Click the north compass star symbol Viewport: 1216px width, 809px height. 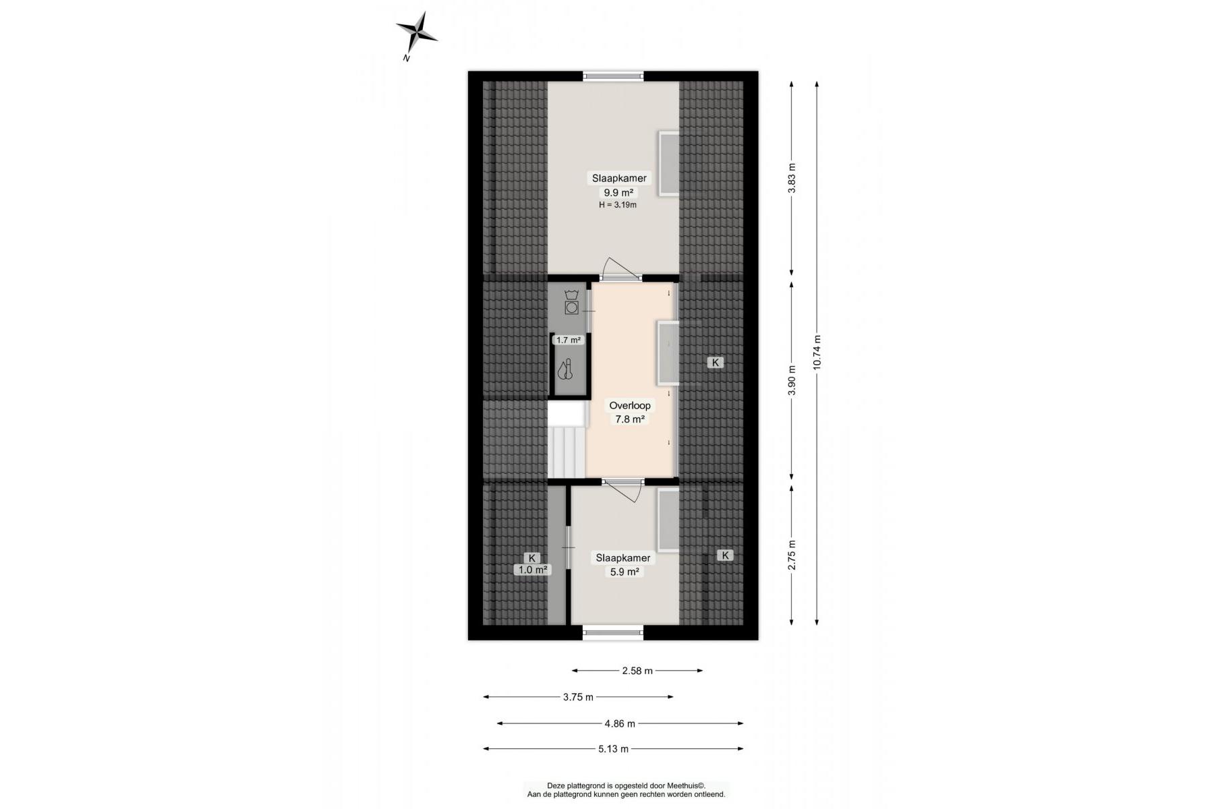coord(416,32)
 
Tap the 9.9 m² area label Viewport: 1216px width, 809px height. coord(619,192)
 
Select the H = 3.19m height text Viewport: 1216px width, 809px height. coord(618,205)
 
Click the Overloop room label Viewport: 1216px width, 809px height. coord(630,406)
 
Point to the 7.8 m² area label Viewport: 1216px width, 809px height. coord(629,419)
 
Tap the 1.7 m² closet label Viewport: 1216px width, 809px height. coord(568,340)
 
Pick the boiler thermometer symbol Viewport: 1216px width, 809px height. coord(564,369)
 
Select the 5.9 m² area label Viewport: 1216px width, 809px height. coord(625,572)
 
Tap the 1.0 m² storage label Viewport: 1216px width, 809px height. coord(532,570)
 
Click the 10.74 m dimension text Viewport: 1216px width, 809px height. coord(817,352)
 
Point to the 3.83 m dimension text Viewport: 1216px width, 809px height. coord(792,177)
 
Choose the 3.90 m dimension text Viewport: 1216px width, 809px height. coord(792,380)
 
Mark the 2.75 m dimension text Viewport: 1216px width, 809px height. coord(792,556)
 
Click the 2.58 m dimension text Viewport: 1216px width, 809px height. coord(637,671)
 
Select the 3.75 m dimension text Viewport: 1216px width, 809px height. coord(578,697)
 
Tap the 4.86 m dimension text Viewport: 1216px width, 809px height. coord(620,724)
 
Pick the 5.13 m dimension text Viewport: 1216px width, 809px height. coord(613,749)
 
